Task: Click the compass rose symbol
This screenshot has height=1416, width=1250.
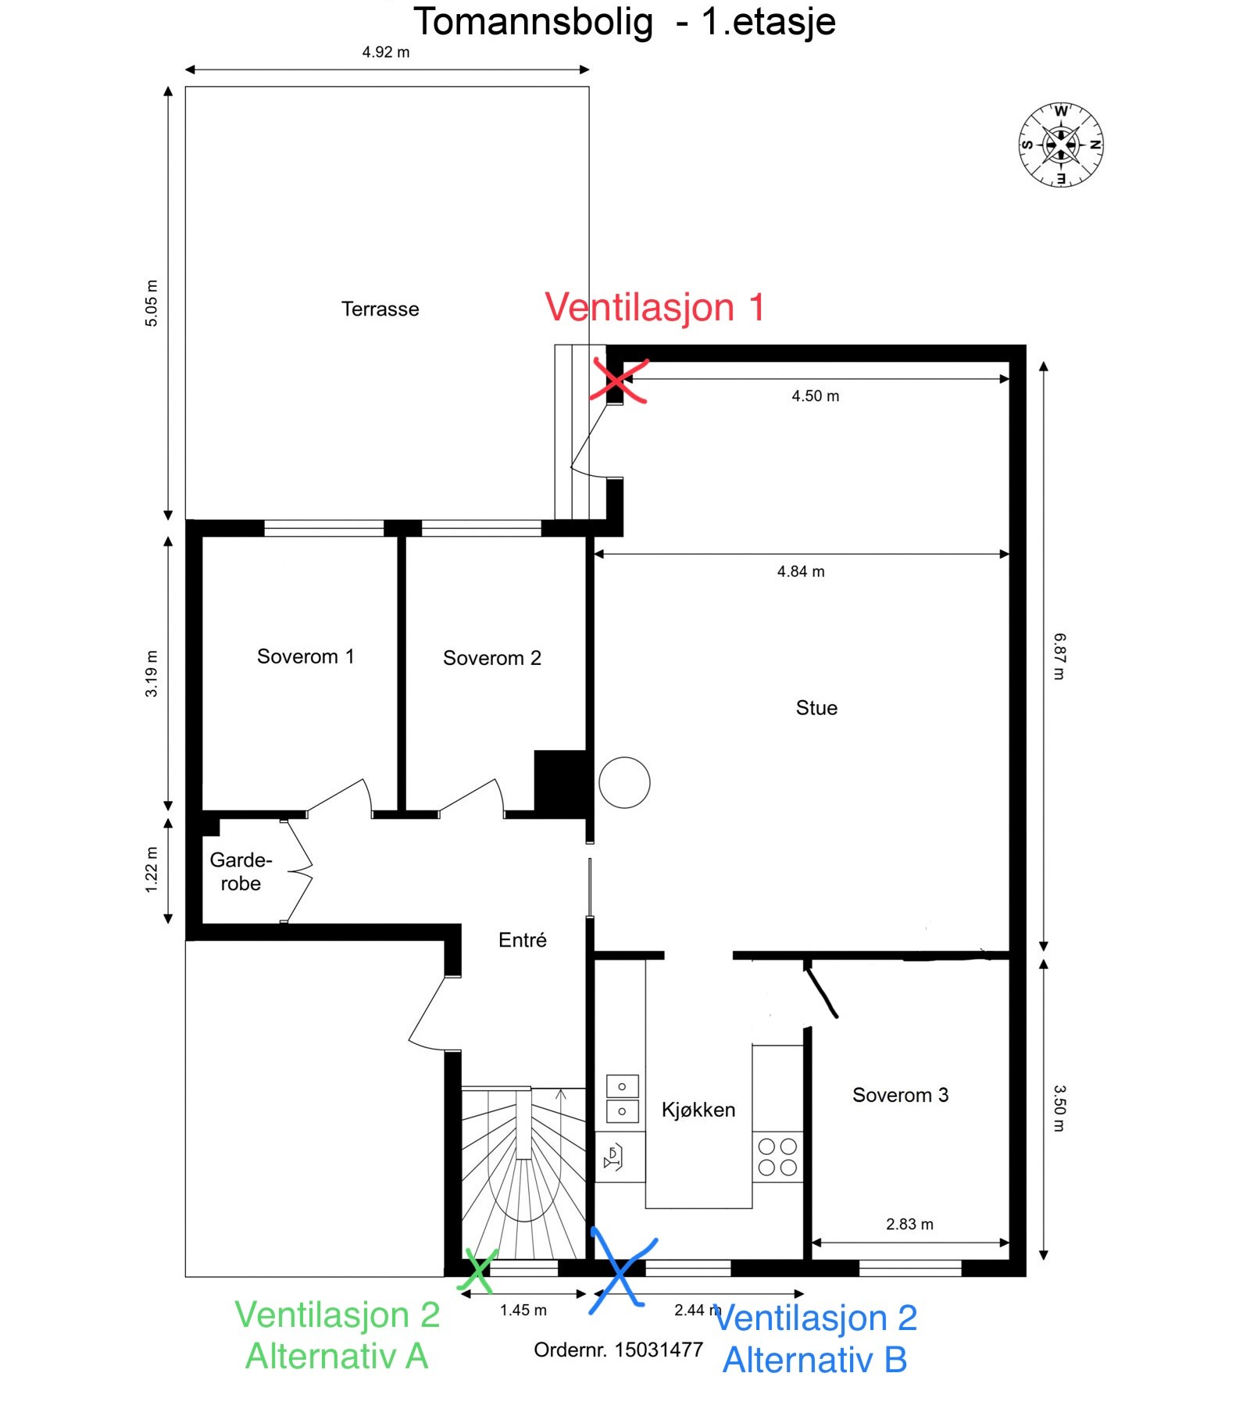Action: [1061, 145]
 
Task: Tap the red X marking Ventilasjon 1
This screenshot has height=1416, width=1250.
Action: [618, 381]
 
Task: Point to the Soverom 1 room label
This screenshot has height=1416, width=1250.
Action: [305, 656]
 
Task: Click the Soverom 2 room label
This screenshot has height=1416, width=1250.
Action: [492, 658]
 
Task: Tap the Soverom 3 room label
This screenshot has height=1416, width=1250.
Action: [901, 1095]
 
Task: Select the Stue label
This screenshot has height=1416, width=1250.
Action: [816, 708]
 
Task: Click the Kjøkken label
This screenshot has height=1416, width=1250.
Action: [698, 1110]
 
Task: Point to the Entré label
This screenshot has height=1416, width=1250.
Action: [523, 939]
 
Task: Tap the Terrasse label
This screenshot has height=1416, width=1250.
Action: [380, 309]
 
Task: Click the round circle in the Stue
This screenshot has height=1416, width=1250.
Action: [624, 782]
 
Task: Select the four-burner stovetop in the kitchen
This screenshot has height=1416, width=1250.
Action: [778, 1157]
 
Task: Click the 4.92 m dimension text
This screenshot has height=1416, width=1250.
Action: [386, 52]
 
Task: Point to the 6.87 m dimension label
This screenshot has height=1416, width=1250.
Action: [1059, 656]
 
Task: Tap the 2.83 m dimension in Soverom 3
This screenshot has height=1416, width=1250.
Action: [909, 1224]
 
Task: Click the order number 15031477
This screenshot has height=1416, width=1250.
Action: [659, 1350]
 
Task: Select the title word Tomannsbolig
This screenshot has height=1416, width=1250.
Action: [533, 22]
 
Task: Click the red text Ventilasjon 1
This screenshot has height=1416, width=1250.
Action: [655, 307]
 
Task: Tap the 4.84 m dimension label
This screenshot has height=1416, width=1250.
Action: [801, 571]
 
